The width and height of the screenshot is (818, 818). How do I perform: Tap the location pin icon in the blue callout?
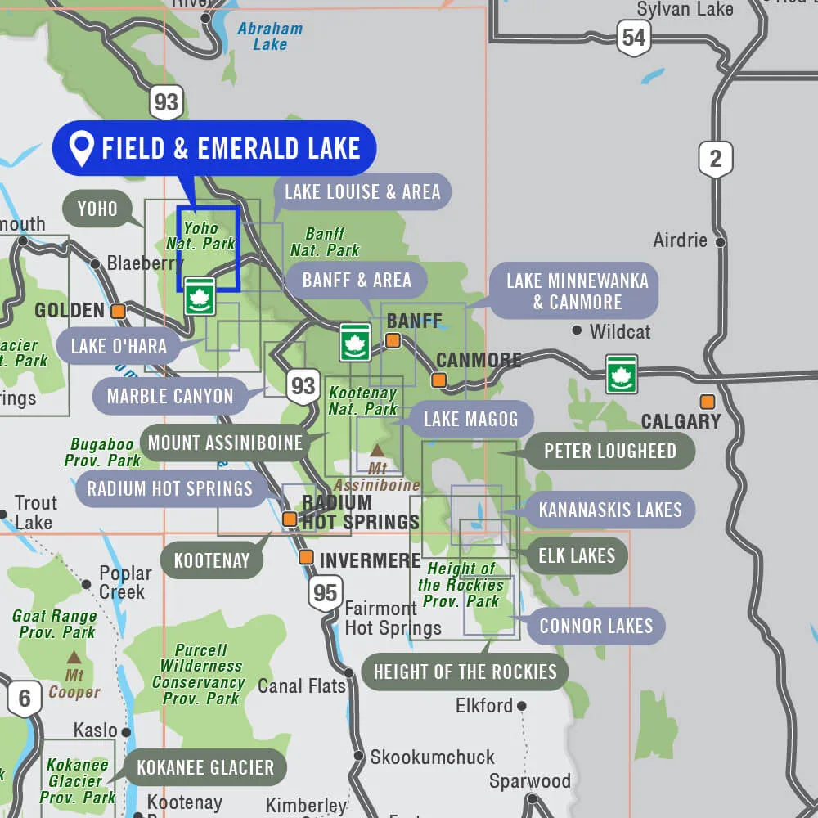pyautogui.click(x=81, y=149)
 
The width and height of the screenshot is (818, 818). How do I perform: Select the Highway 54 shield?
pyautogui.click(x=633, y=38)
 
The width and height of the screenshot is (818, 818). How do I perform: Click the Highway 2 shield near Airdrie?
pyautogui.click(x=715, y=158)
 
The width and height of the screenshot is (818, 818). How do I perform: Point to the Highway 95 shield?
pyautogui.click(x=325, y=592)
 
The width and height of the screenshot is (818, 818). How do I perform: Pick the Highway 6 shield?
pyautogui.click(x=25, y=699)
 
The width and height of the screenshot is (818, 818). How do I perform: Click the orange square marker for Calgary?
pyautogui.click(x=707, y=402)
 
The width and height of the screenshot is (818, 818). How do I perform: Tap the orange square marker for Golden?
pyautogui.click(x=119, y=311)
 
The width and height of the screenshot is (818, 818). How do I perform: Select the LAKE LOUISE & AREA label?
pyautogui.click(x=362, y=192)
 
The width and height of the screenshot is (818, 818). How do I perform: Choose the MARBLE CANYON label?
pyautogui.click(x=170, y=397)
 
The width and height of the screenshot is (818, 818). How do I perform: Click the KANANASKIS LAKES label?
pyautogui.click(x=609, y=510)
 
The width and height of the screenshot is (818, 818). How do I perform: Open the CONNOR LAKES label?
pyautogui.click(x=596, y=627)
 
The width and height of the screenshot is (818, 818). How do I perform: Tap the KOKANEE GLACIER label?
pyautogui.click(x=205, y=768)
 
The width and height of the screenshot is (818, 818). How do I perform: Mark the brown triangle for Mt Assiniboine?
pyautogui.click(x=377, y=450)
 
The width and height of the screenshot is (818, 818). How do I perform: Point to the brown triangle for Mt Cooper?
pyautogui.click(x=74, y=657)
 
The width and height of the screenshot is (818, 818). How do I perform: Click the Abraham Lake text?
pyautogui.click(x=270, y=37)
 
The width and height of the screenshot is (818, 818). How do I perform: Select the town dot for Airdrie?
pyautogui.click(x=720, y=242)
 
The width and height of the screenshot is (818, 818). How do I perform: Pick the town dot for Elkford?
pyautogui.click(x=521, y=706)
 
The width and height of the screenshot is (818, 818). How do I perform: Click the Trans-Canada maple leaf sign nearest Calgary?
pyautogui.click(x=622, y=374)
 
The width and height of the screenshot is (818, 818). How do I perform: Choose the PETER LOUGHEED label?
pyautogui.click(x=609, y=452)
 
